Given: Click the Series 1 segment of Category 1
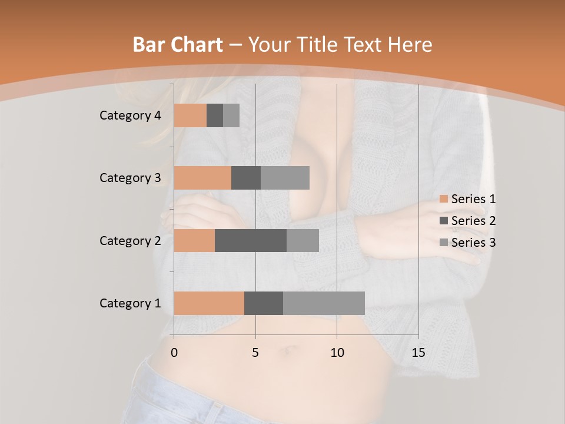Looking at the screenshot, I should click(x=209, y=303).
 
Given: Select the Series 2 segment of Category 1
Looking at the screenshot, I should click(x=264, y=303).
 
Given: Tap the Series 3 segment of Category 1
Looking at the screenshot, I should click(x=324, y=303).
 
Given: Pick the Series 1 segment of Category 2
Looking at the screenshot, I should click(x=194, y=240).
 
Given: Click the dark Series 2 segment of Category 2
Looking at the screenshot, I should click(x=251, y=240).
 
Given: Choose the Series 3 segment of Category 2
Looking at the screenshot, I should click(x=303, y=240).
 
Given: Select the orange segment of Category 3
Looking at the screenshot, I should click(x=202, y=178).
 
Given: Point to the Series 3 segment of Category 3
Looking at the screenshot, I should click(x=285, y=178).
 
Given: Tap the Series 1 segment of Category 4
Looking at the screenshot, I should click(x=190, y=115).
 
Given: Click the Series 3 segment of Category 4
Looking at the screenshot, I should click(x=231, y=115).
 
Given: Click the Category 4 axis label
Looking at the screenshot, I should click(x=130, y=115).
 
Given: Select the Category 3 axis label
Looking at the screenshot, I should click(x=130, y=178).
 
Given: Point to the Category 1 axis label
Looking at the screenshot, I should click(x=130, y=303).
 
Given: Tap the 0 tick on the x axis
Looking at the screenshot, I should click(x=174, y=353).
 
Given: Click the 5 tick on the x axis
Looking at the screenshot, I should click(x=255, y=353).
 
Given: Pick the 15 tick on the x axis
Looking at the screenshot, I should click(x=418, y=353).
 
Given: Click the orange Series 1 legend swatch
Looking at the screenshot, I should click(x=444, y=199).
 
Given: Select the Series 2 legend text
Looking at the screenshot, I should click(x=473, y=221).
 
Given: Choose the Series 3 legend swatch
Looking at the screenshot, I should click(x=444, y=243).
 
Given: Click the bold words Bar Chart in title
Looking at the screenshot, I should click(x=178, y=45).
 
